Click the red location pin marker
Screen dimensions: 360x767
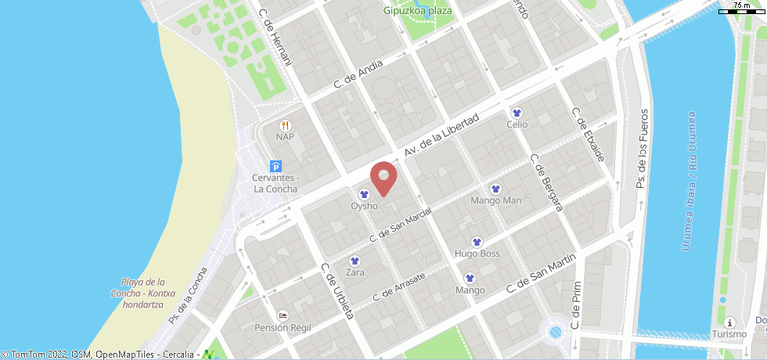pyautogui.click(x=383, y=177)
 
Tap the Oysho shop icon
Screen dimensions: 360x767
pyautogui.click(x=364, y=194)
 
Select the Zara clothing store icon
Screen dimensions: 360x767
pyautogui.click(x=355, y=261)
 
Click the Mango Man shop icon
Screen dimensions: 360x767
pyautogui.click(x=495, y=189)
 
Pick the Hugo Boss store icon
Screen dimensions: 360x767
pyautogui.click(x=477, y=242)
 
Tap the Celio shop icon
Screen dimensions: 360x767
pyautogui.click(x=517, y=113)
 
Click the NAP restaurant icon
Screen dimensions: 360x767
pyautogui.click(x=285, y=125)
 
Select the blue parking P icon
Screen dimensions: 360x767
pyautogui.click(x=275, y=166)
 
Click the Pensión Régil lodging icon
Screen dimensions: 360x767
pyautogui.click(x=282, y=315)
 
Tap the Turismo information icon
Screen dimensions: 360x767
pyautogui.click(x=729, y=322)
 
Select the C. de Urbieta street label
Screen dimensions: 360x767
pyautogui.click(x=338, y=290)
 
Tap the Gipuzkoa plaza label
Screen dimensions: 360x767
pyautogui.click(x=419, y=10)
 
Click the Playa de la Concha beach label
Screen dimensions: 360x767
pyautogui.click(x=142, y=293)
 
